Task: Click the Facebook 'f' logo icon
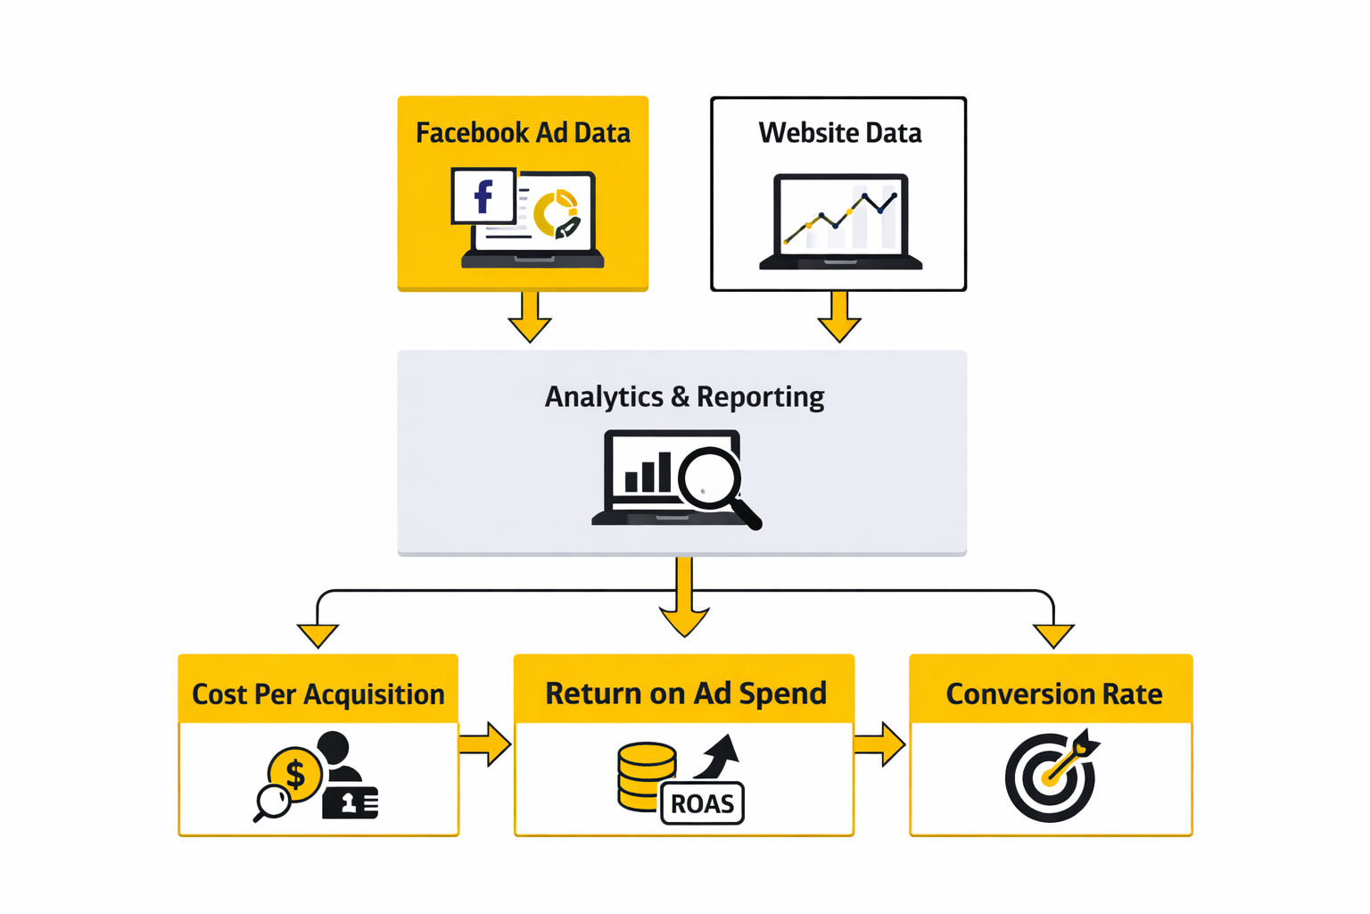[x=483, y=196]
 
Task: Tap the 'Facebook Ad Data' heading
[x=523, y=133]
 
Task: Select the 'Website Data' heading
[x=839, y=133]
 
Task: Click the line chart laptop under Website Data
[x=840, y=221]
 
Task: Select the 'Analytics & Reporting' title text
[x=684, y=396]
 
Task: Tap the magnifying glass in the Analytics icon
[x=713, y=481]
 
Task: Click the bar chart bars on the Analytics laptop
[x=648, y=473]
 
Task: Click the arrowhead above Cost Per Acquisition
[x=318, y=635]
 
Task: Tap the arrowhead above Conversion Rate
[x=1053, y=635]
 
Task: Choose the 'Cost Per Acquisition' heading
[x=318, y=694]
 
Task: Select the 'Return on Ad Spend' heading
[x=685, y=693]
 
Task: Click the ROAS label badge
[x=702, y=803]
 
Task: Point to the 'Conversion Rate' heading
[x=1053, y=694]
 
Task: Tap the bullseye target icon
[x=1050, y=777]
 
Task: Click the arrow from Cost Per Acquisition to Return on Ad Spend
[x=485, y=744]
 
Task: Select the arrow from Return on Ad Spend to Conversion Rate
[x=880, y=744]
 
